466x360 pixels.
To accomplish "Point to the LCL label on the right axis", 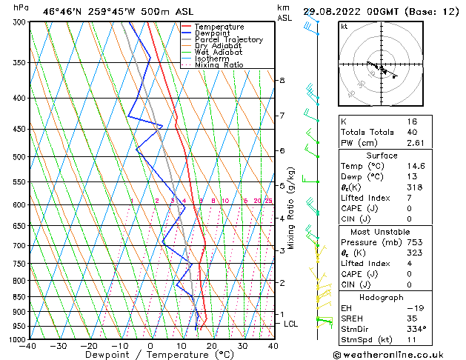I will point(291,324).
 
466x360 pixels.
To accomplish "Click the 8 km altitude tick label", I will point(282,80).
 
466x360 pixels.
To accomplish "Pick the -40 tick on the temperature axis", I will point(28,346).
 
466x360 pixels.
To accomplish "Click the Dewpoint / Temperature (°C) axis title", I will point(150,356).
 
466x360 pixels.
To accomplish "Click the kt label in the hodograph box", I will point(344,27).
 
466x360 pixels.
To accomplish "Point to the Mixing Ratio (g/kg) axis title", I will point(291,207).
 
